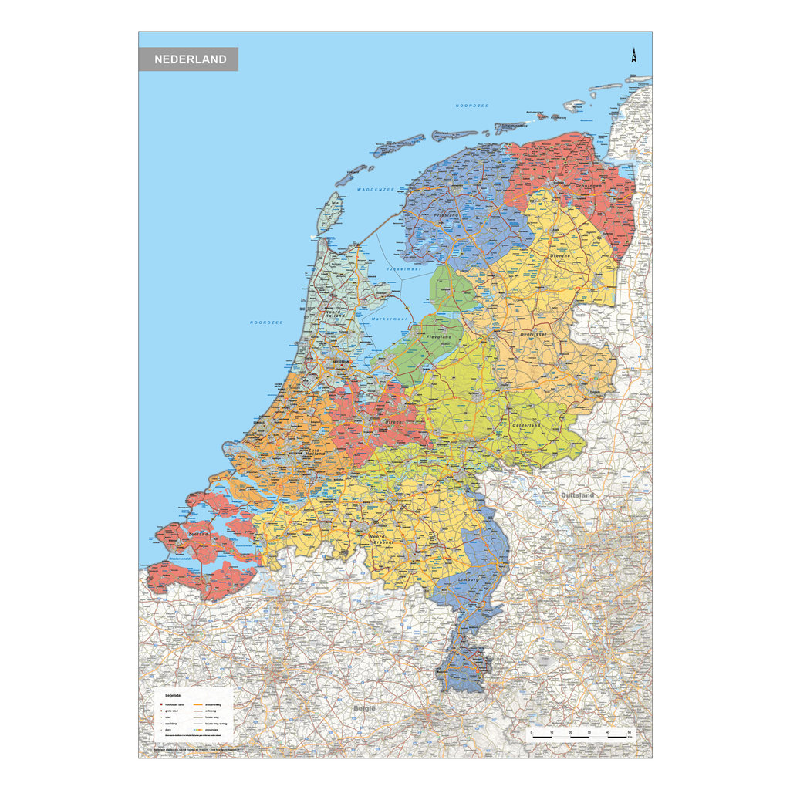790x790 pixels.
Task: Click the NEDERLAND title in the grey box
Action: tap(190, 59)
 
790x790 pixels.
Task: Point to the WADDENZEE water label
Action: tap(376, 189)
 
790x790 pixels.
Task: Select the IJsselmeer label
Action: tap(403, 269)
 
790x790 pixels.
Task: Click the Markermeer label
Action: tap(389, 319)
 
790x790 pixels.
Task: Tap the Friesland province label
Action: tap(447, 215)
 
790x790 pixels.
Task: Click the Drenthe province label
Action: tap(560, 255)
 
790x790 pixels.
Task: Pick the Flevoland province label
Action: tap(438, 337)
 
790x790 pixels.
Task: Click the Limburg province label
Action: tap(468, 579)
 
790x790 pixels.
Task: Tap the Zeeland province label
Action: tap(198, 533)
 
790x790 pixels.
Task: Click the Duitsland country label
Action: tap(578, 495)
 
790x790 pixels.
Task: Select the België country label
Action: tap(364, 707)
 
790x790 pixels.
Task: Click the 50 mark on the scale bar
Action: tap(630, 731)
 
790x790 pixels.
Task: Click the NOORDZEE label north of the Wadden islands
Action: tap(472, 106)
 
